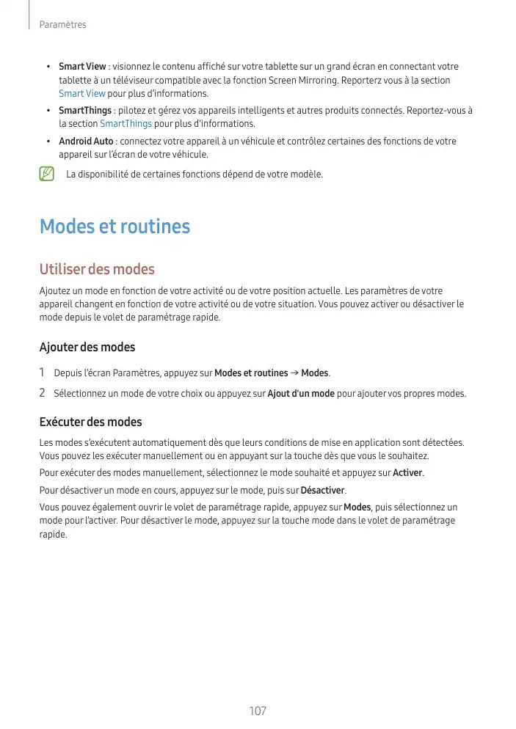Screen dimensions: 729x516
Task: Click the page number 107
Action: [x=258, y=711]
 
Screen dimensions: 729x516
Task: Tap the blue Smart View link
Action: [x=81, y=94]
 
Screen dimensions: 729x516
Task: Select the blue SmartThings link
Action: [x=126, y=123]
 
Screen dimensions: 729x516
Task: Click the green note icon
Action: [x=48, y=175]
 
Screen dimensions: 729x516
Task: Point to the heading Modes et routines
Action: [x=115, y=227]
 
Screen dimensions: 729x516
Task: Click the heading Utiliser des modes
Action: [x=97, y=270]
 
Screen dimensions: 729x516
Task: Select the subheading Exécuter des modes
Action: [x=90, y=422]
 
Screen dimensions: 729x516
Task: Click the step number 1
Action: [x=43, y=373]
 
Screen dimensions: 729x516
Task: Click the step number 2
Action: [x=43, y=394]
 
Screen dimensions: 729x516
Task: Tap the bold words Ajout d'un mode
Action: [x=301, y=394]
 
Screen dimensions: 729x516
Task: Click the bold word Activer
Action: [x=408, y=473]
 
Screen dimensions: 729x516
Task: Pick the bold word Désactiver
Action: [x=322, y=490]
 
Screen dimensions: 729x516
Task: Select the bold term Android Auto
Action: [x=86, y=141]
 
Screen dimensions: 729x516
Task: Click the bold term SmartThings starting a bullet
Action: [x=85, y=111]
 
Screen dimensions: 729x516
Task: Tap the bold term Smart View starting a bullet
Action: [x=82, y=67]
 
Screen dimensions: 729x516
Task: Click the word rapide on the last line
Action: [x=53, y=535]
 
